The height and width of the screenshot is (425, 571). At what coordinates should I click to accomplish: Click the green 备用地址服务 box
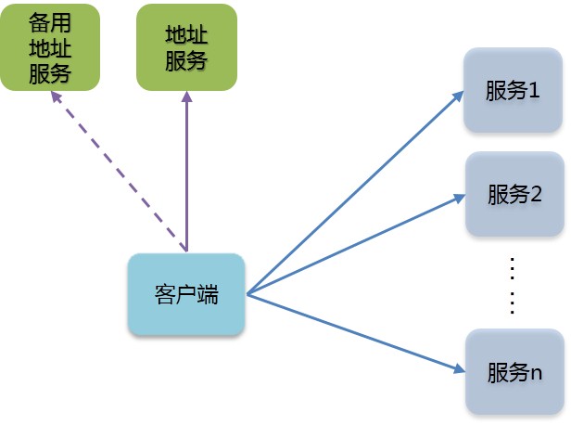point(49,47)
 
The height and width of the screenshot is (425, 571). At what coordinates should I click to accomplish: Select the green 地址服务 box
point(185,47)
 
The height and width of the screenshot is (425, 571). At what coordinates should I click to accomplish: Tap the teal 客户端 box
point(186,295)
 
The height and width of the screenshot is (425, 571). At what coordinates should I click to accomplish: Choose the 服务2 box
point(514,194)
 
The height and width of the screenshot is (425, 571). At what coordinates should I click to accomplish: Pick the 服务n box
point(514,371)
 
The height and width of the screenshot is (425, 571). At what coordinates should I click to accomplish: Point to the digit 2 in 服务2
point(535,195)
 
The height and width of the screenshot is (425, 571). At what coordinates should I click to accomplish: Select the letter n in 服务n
point(536,372)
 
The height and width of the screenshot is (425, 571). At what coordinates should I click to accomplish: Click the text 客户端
point(186,295)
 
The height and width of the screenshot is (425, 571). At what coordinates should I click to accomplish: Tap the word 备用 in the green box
point(49,25)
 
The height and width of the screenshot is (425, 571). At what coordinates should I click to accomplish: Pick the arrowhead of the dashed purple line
point(55,96)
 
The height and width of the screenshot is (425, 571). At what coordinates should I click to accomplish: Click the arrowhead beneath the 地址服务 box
point(186,97)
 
